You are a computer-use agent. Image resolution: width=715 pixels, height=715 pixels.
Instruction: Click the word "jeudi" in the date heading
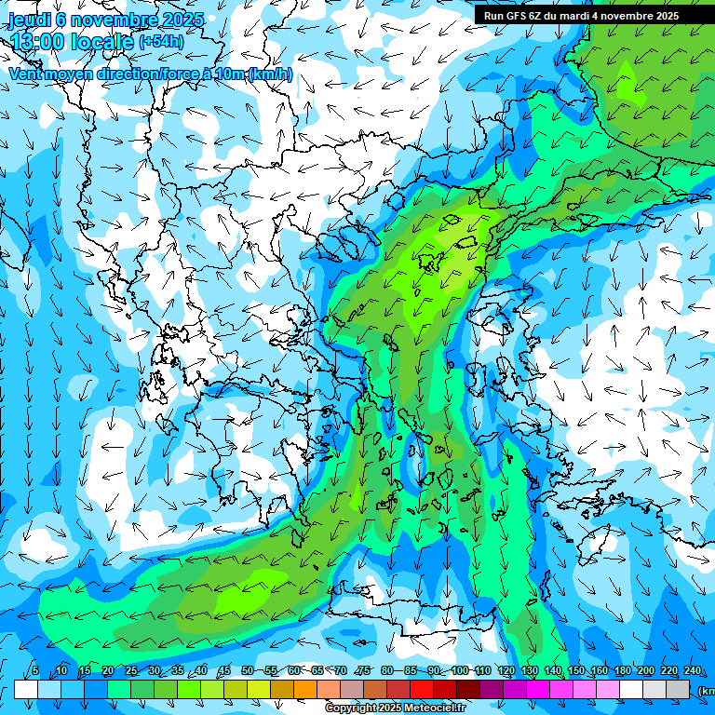point(29,19)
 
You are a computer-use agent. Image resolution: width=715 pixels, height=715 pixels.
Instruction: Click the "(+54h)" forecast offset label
point(161,42)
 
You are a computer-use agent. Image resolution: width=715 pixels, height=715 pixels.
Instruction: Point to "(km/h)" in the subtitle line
point(270,74)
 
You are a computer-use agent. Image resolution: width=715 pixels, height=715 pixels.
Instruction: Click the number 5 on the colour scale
point(34,671)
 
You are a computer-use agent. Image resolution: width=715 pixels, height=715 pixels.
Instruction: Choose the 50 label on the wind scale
point(247,671)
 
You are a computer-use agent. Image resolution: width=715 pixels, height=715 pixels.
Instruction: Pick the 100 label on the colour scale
point(460,671)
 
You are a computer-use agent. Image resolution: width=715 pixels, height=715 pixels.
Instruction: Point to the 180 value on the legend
point(620,671)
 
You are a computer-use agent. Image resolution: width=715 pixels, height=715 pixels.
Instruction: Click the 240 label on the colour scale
point(692,671)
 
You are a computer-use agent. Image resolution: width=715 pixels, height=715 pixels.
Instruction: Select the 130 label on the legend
point(530,671)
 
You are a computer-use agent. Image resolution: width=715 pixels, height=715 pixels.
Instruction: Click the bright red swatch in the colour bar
point(421,689)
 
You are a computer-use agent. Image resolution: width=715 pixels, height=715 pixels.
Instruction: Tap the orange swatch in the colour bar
point(304,689)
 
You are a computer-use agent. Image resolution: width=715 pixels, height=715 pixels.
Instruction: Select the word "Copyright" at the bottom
point(353,708)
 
